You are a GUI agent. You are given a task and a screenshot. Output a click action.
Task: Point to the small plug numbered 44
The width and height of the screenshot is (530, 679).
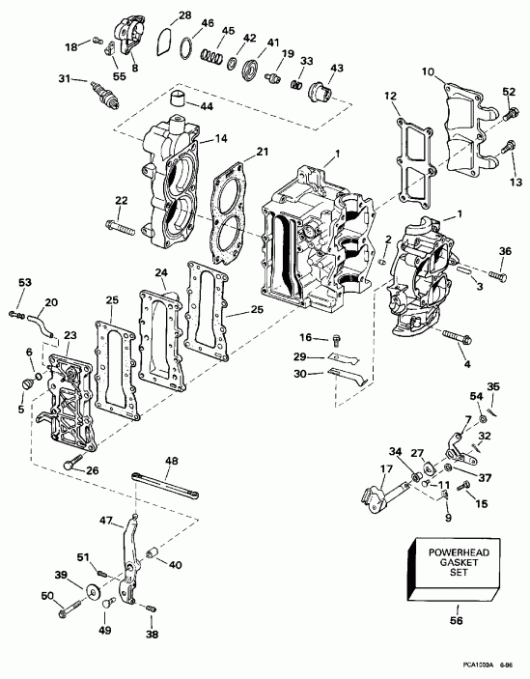pyautogui.click(x=177, y=101)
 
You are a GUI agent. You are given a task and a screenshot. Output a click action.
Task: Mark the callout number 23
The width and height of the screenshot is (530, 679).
pyautogui.click(x=70, y=335)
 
